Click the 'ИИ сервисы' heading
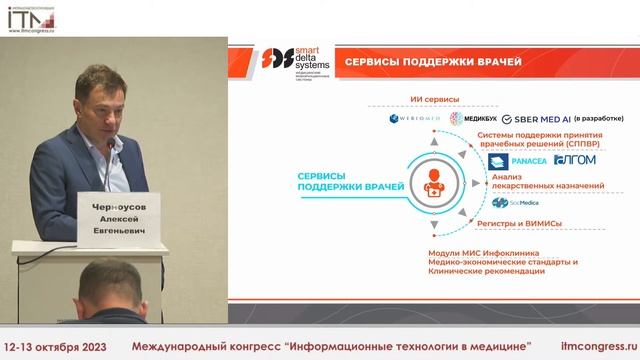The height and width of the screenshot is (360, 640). pos(435,100)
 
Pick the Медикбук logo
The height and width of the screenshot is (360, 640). pos(470,119)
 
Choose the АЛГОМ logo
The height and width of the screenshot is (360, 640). pos(574,161)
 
